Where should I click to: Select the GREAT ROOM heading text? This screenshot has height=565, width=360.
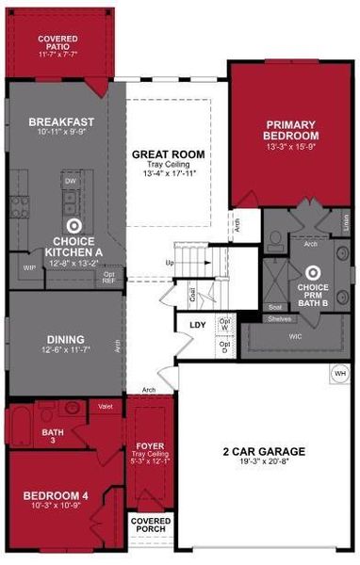169,153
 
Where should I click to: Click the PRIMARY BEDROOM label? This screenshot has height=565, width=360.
291,130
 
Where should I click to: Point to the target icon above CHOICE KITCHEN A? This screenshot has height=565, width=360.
74,226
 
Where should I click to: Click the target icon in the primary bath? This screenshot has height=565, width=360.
313,273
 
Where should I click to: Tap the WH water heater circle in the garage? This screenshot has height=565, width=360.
340,373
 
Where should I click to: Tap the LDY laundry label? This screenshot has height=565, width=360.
198,325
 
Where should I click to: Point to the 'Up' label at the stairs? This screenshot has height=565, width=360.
170,263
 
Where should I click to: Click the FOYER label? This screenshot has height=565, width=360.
151,445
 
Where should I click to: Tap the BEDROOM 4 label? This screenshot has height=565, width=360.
57,493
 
